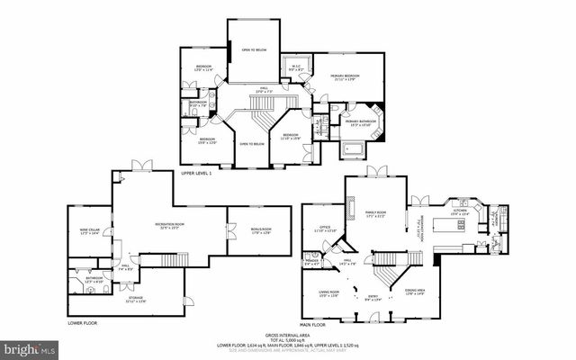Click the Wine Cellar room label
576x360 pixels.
click(88, 232)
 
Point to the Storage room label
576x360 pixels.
click(135, 299)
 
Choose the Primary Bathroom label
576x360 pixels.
click(360, 122)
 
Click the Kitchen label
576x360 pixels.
click(458, 212)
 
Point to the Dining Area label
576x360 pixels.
click(415, 292)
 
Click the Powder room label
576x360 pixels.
click(313, 263)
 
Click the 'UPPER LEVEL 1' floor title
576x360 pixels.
click(195, 172)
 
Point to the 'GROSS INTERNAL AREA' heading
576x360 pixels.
click(287, 333)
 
